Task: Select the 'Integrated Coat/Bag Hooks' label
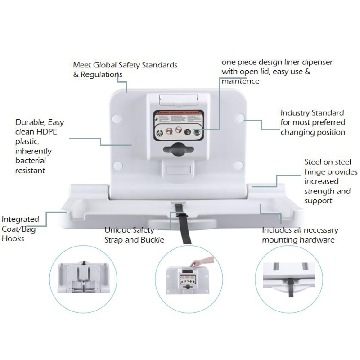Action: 20,229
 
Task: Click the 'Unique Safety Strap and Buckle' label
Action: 134,235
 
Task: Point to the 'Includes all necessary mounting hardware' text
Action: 300,235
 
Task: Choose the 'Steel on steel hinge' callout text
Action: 331,181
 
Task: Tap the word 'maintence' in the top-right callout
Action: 240,81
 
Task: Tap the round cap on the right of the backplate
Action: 239,119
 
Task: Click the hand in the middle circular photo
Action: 198,262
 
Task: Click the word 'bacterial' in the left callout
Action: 31,161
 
